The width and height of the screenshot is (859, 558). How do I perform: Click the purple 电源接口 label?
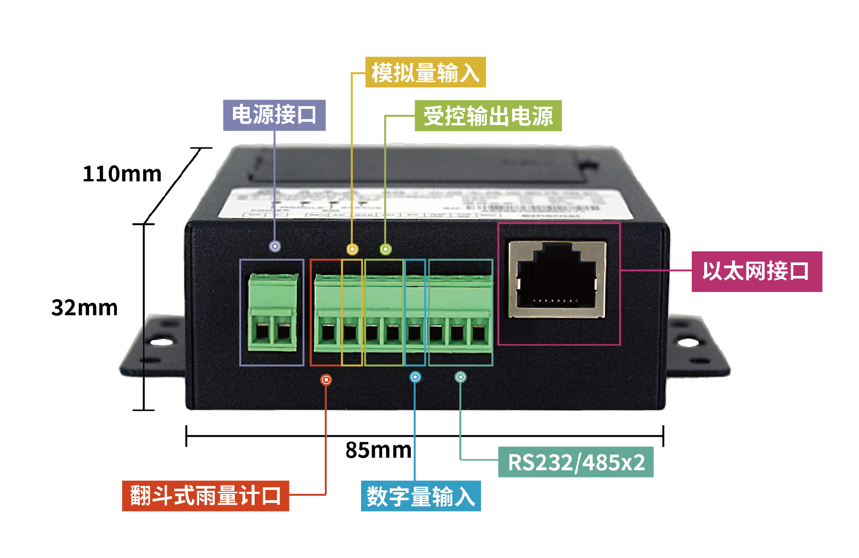click(x=274, y=115)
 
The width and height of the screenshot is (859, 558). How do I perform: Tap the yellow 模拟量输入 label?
click(x=425, y=72)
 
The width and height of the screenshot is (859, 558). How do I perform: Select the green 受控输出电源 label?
click(x=488, y=116)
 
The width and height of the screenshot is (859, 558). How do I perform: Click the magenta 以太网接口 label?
click(x=757, y=271)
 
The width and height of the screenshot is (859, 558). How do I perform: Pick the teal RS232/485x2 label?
click(x=576, y=462)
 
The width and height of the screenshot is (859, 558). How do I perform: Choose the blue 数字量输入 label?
click(x=421, y=496)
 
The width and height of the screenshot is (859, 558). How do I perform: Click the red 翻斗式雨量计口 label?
click(x=205, y=496)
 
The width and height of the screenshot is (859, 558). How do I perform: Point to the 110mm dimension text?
click(x=122, y=174)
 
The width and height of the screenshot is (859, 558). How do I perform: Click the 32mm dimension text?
click(x=85, y=308)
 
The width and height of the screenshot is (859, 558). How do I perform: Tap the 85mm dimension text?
click(x=378, y=450)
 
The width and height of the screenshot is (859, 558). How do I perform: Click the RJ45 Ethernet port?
click(x=557, y=280)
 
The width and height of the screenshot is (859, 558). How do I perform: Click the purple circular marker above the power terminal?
click(x=275, y=246)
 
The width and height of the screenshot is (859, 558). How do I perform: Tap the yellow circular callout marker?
click(x=353, y=249)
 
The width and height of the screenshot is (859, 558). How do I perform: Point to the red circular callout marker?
click(x=326, y=380)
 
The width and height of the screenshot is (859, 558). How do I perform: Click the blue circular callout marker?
click(x=415, y=377)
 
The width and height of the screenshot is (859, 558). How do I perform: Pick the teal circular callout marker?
click(x=460, y=377)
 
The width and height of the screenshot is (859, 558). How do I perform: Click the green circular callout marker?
click(x=386, y=249)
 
